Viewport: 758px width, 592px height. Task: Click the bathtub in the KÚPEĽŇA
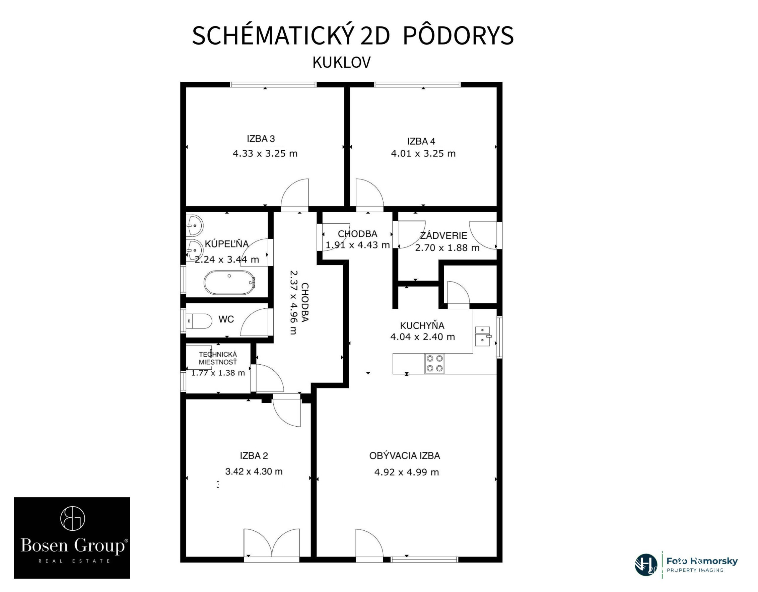(x=229, y=283)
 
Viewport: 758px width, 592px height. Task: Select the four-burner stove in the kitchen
(x=434, y=363)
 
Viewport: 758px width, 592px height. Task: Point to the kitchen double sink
(x=482, y=336)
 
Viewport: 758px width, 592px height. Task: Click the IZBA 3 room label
(x=261, y=139)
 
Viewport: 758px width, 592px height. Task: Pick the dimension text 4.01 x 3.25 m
(x=423, y=153)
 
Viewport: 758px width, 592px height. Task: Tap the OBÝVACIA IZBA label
(x=405, y=456)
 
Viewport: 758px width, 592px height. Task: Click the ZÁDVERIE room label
(x=443, y=236)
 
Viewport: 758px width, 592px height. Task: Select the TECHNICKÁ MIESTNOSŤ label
(x=218, y=358)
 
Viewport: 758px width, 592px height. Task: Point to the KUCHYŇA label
(x=422, y=325)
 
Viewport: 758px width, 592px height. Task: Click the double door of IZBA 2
(x=272, y=543)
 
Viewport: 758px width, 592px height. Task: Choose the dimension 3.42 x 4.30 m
(x=254, y=471)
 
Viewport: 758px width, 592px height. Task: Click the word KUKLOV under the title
(x=342, y=63)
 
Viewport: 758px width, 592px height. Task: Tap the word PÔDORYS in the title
(x=458, y=36)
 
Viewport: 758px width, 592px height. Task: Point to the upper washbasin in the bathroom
(x=194, y=225)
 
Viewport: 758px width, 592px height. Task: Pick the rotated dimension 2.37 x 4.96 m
(x=299, y=302)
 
